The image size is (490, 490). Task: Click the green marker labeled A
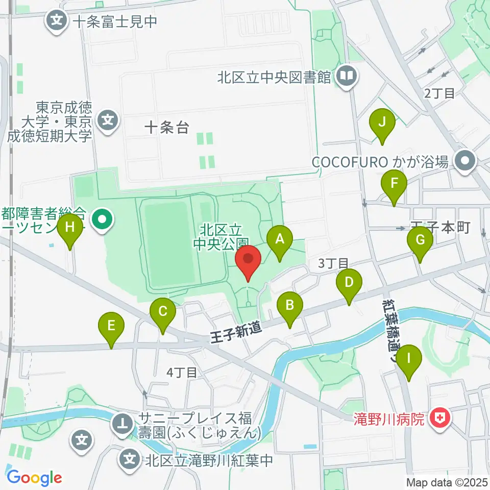point(279,239)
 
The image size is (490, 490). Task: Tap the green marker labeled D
point(349,283)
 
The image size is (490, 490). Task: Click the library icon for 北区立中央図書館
point(347,77)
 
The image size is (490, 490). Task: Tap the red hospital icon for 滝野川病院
point(438,420)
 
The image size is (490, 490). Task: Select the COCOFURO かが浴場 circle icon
point(465,162)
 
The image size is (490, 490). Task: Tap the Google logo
point(34,478)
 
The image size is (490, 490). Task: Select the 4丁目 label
point(182,373)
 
